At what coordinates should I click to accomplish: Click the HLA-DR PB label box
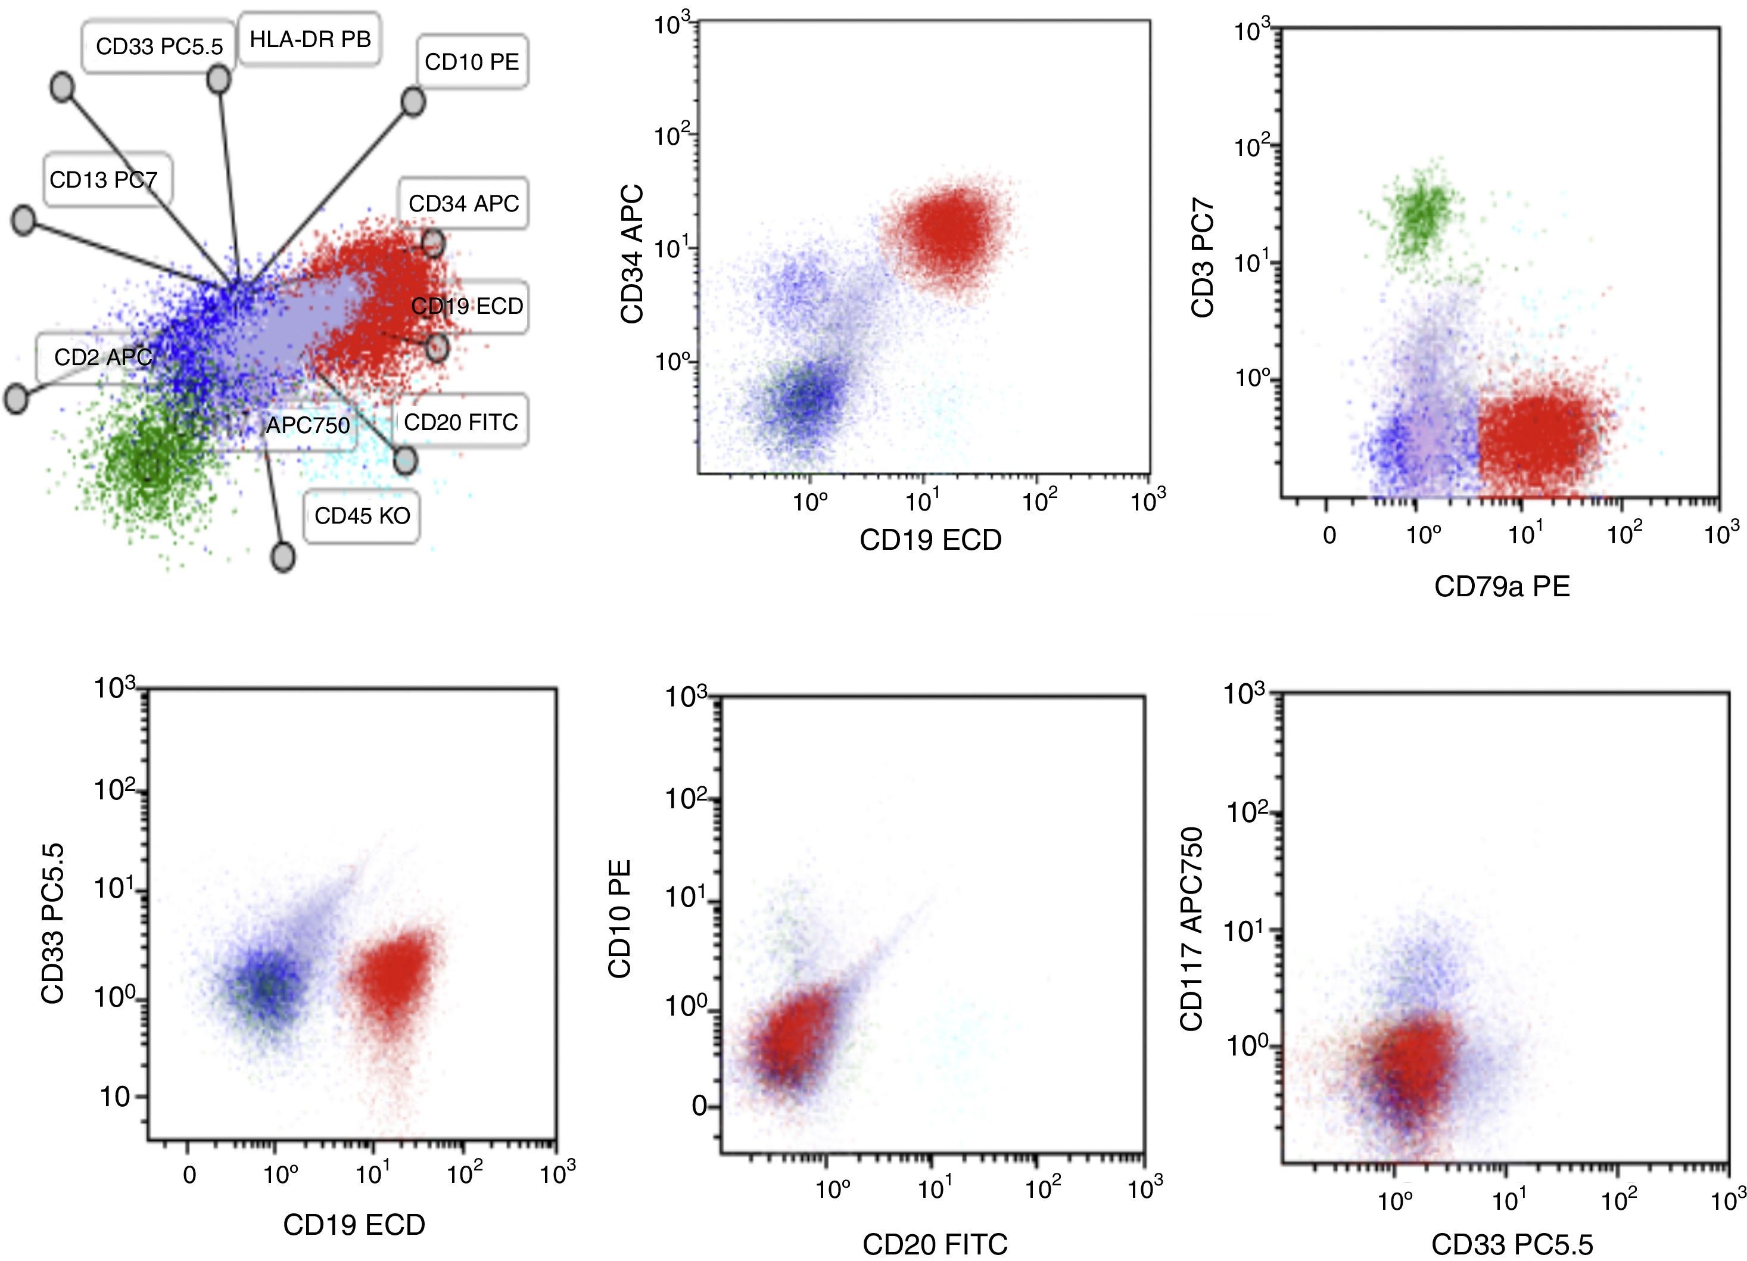pyautogui.click(x=310, y=39)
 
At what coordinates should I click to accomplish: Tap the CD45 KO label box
pyautogui.click(x=362, y=516)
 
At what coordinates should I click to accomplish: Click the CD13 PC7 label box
pyautogui.click(x=105, y=179)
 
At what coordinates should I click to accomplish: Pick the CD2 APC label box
pyautogui.click(x=102, y=357)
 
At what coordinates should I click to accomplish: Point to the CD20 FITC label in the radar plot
pyautogui.click(x=460, y=421)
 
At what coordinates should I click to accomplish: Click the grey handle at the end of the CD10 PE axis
pyautogui.click(x=413, y=102)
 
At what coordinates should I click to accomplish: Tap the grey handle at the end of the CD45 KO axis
pyautogui.click(x=284, y=557)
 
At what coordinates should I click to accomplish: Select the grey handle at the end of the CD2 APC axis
pyautogui.click(x=16, y=399)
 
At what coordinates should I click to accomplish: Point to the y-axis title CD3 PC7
pyautogui.click(x=1203, y=258)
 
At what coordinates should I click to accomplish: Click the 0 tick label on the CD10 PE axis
pyautogui.click(x=699, y=1106)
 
